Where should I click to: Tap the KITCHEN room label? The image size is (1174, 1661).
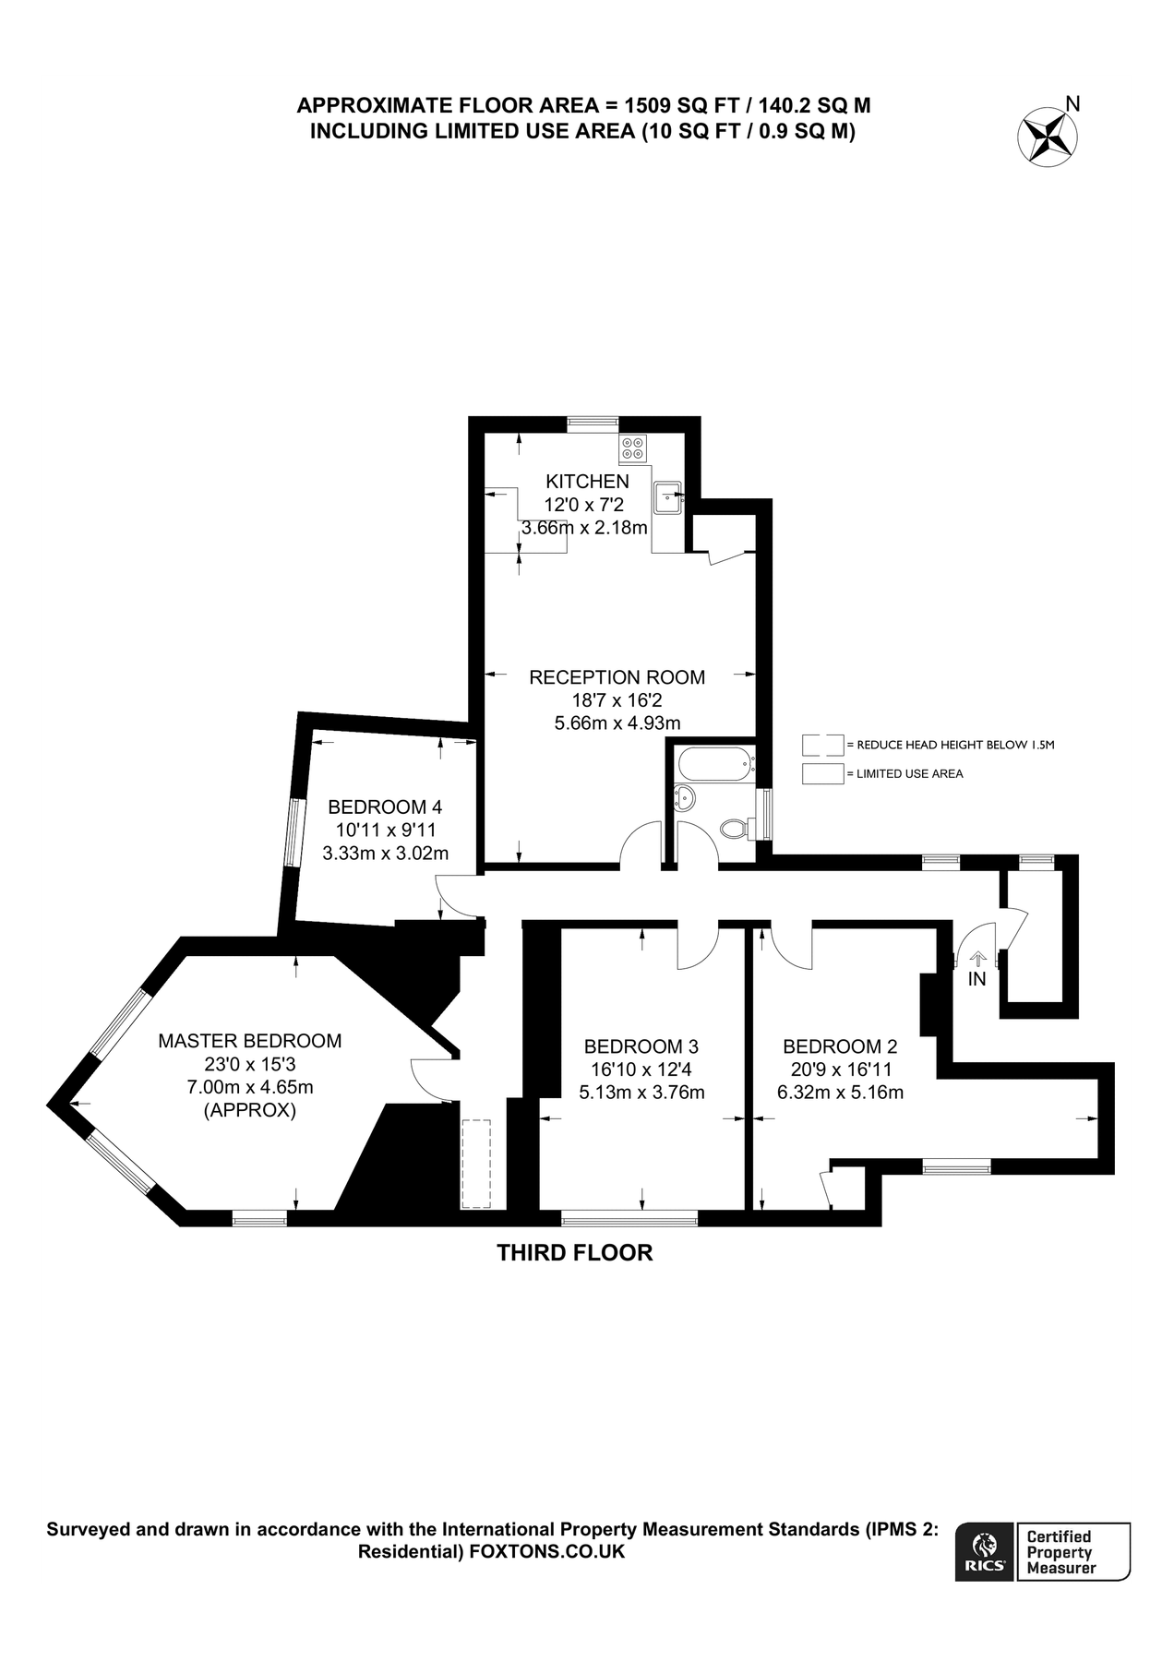pos(587,481)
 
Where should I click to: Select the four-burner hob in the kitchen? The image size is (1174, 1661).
pos(633,448)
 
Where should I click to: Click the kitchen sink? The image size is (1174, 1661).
pos(666,497)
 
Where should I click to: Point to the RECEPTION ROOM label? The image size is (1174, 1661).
pos(617,677)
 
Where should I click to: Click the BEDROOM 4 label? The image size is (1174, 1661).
pos(385,807)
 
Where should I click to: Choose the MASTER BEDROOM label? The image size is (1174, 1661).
pos(250,1041)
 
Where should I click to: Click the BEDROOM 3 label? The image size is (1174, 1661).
pos(641,1046)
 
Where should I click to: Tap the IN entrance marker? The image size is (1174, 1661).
pos(976,979)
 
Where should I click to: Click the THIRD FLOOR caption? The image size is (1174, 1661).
pos(575,1252)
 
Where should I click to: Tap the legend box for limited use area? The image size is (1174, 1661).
pos(822,773)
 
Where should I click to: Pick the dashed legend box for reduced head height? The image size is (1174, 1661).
pos(822,744)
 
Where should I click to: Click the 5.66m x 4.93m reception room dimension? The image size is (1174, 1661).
pos(617,723)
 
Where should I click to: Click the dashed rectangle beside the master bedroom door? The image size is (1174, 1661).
pos(476,1163)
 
